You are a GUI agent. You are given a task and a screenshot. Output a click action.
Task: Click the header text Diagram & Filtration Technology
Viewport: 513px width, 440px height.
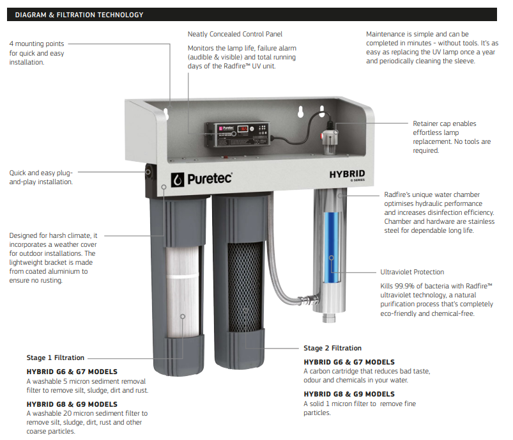point(79,15)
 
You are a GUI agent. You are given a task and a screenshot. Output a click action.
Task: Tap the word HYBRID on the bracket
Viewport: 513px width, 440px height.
point(347,174)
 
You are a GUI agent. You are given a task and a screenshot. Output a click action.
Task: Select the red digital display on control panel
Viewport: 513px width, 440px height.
point(243,129)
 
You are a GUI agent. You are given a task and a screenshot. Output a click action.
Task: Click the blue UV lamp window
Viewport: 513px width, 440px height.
point(330,255)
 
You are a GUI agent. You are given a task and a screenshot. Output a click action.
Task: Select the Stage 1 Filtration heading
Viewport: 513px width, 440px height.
point(55,358)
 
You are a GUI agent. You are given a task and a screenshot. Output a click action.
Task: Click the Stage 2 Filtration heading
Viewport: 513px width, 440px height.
point(332,349)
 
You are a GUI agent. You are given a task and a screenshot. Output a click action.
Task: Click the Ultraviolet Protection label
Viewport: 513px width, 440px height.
point(412,272)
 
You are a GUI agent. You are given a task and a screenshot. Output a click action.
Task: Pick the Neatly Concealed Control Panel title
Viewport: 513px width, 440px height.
point(235,34)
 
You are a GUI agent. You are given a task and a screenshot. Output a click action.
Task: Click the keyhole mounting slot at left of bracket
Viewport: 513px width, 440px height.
point(165,114)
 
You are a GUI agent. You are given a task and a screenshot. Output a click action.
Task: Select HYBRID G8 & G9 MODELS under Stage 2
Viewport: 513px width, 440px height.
point(349,394)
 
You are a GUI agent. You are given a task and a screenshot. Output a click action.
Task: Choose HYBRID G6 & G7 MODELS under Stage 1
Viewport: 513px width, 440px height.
point(72,372)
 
